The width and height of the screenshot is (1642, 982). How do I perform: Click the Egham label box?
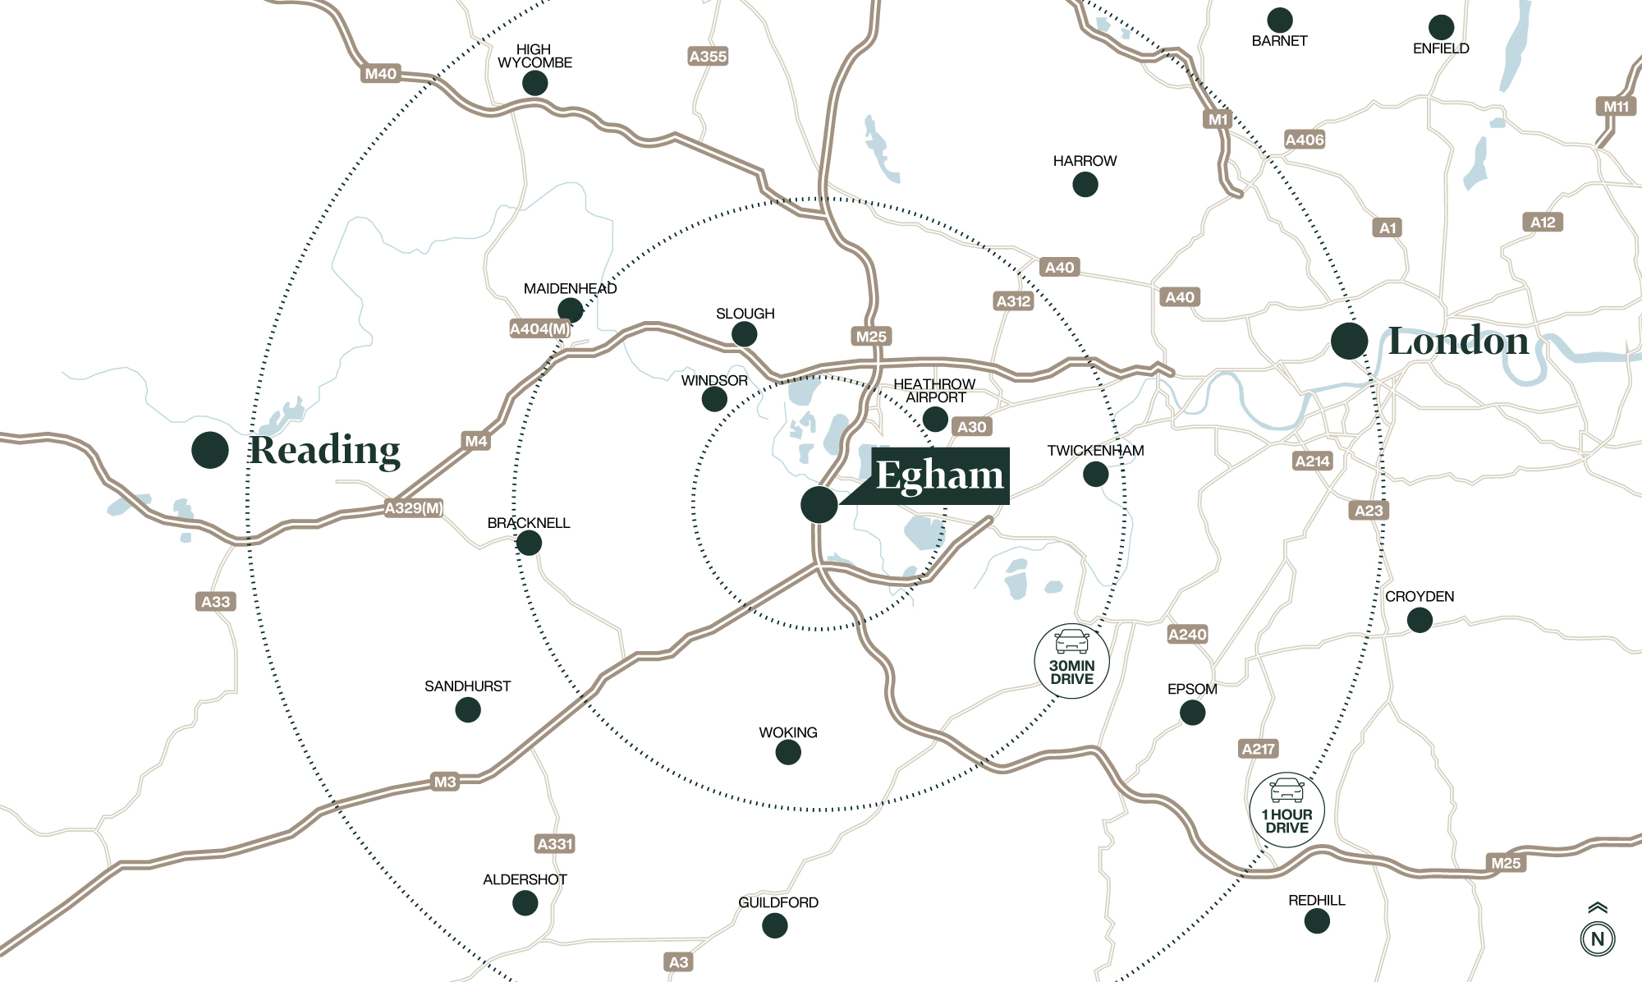pyautogui.click(x=940, y=475)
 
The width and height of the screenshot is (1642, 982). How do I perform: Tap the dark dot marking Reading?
pyautogui.click(x=210, y=450)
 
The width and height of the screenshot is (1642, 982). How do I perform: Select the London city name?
pyautogui.click(x=1458, y=341)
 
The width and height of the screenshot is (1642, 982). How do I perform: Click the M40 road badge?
pyautogui.click(x=381, y=74)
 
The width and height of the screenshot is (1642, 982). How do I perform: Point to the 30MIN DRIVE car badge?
pyautogui.click(x=1072, y=661)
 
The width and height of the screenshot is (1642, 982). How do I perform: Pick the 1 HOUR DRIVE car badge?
pyautogui.click(x=1287, y=810)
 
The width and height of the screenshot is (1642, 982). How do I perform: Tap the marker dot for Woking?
pyautogui.click(x=788, y=752)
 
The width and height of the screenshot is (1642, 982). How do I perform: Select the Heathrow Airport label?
pyautogui.click(x=934, y=391)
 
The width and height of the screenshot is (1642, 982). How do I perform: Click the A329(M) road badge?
pyautogui.click(x=414, y=508)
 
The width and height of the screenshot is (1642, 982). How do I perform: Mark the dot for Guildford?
pyautogui.click(x=775, y=925)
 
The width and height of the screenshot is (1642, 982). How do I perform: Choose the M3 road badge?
pyautogui.click(x=444, y=782)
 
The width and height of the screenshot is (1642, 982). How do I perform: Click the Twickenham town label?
pyautogui.click(x=1095, y=451)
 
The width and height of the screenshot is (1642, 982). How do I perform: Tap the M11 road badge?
pyautogui.click(x=1617, y=107)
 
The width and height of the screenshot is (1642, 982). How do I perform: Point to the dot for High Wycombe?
pyautogui.click(x=535, y=83)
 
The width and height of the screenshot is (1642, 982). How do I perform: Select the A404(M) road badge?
pyautogui.click(x=539, y=329)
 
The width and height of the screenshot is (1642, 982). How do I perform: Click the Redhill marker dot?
pyautogui.click(x=1317, y=921)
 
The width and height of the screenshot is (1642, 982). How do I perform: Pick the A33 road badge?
pyautogui.click(x=216, y=602)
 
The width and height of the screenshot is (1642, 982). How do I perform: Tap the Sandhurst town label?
pyautogui.click(x=467, y=686)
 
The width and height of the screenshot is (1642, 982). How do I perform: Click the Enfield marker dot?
pyautogui.click(x=1441, y=27)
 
